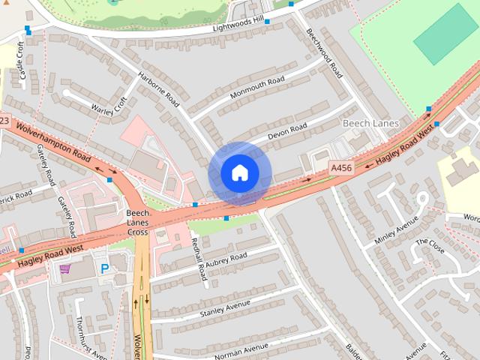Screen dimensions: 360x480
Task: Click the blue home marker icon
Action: (x=239, y=173)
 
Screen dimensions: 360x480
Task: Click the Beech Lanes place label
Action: (x=370, y=123)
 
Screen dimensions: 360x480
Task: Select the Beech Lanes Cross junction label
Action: (x=137, y=223)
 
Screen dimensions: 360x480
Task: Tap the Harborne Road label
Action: (x=160, y=88)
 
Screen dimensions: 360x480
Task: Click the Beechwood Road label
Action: (x=324, y=52)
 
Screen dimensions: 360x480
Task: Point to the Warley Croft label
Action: (x=109, y=106)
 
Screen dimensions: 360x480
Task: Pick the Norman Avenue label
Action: (x=241, y=349)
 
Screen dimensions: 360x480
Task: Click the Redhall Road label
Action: (x=199, y=259)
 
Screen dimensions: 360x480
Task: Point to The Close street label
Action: (x=430, y=247)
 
